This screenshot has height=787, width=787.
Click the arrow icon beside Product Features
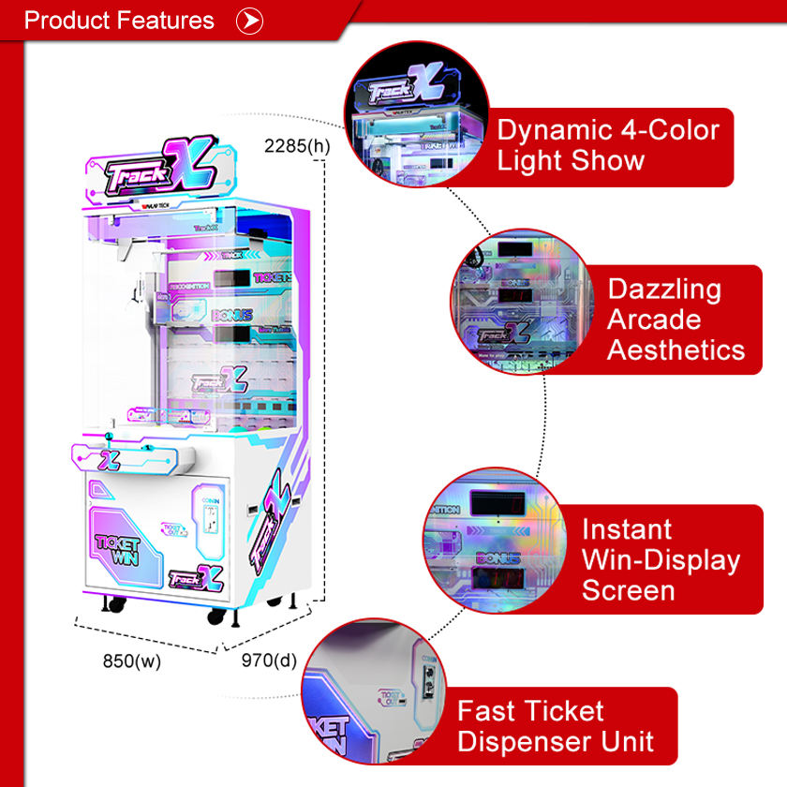pos(249,21)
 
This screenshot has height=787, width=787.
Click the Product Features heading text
pos(119,21)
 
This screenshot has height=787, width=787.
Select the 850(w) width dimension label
pos(132,661)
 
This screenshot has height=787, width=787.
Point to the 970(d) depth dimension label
pos(269,661)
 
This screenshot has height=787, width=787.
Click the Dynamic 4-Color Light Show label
pos(608,145)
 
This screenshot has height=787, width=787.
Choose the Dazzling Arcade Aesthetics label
pos(676,319)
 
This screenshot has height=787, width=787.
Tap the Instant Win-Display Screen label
pos(661,559)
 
